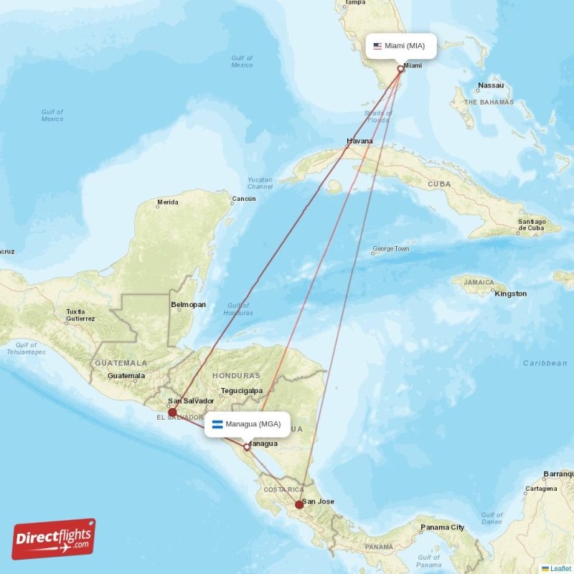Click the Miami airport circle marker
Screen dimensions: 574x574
pos(401,69)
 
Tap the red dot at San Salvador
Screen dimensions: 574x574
pos(172,413)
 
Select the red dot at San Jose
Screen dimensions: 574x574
pos(299,504)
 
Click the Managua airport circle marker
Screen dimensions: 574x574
pos(247,447)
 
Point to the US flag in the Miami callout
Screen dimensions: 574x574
pos(377,46)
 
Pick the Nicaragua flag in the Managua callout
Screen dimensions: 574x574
pos(217,423)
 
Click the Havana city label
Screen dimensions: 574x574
pos(359,141)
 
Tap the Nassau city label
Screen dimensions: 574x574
pos(491,85)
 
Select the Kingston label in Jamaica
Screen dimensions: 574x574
pos(511,293)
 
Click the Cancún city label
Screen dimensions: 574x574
pos(243,199)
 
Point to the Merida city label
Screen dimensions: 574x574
pos(167,203)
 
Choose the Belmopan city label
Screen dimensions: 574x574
pos(188,305)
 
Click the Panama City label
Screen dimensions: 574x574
pos(443,527)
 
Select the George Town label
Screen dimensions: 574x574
pos(390,250)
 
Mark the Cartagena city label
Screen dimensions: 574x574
pos(541,489)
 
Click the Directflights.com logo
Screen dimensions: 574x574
pos(54,539)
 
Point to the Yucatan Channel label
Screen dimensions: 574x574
pos(260,183)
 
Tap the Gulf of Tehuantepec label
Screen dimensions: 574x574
pos(26,349)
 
